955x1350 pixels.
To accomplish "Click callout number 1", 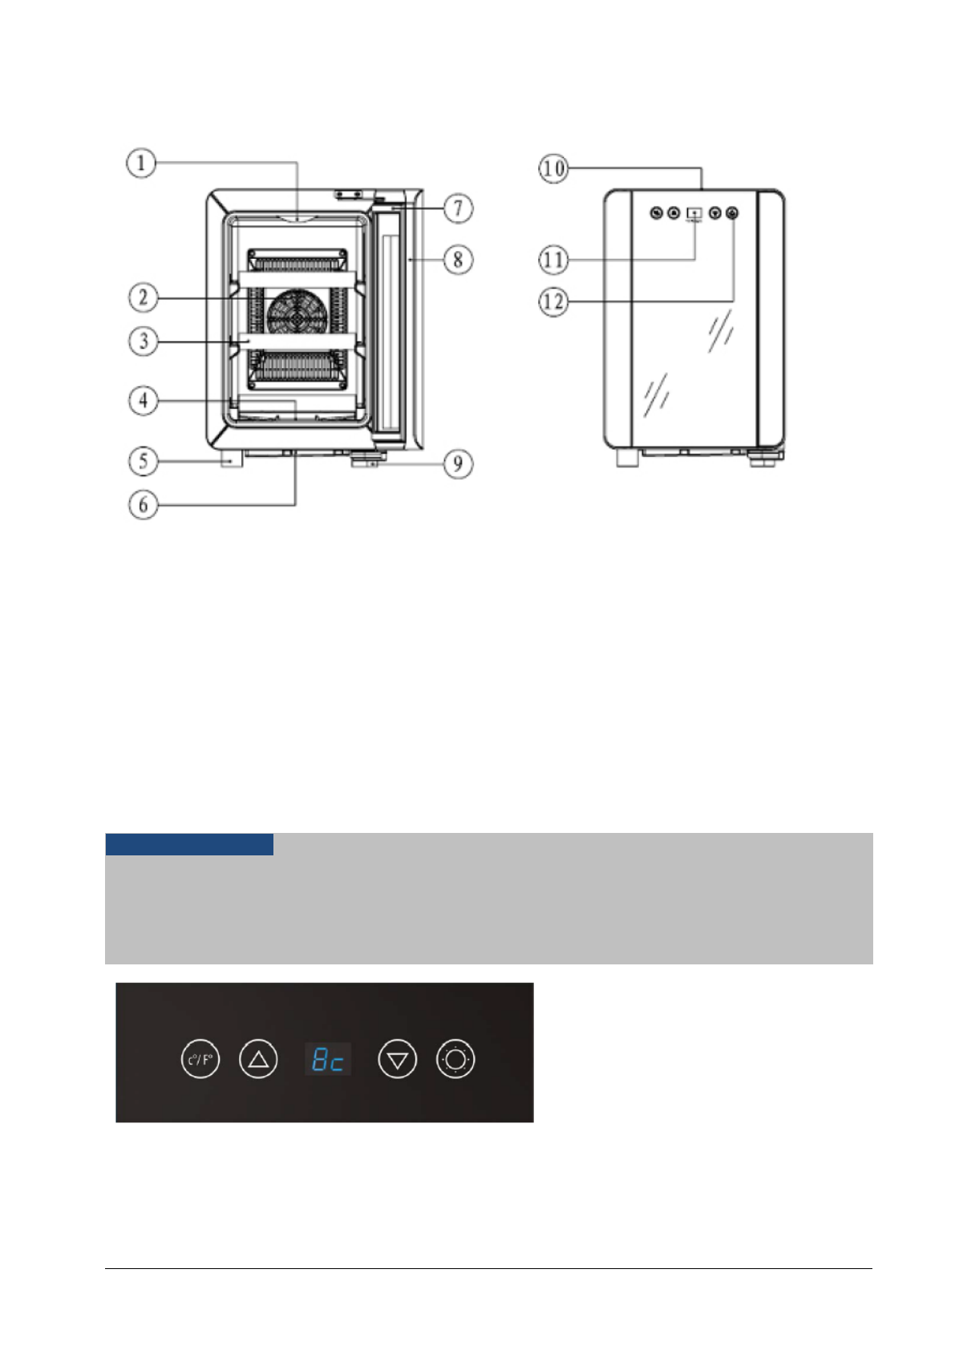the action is [141, 164].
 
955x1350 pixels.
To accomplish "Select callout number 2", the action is [144, 297].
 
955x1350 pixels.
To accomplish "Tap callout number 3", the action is [144, 342].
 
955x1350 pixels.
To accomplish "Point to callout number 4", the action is [144, 400].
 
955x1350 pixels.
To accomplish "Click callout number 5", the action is [144, 461].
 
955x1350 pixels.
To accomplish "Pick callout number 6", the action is [144, 504].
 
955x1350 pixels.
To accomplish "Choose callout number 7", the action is [458, 208].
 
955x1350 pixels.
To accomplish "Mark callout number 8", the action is [458, 260].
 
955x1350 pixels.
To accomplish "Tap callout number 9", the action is [458, 463].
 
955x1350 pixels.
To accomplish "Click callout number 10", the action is [553, 168].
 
